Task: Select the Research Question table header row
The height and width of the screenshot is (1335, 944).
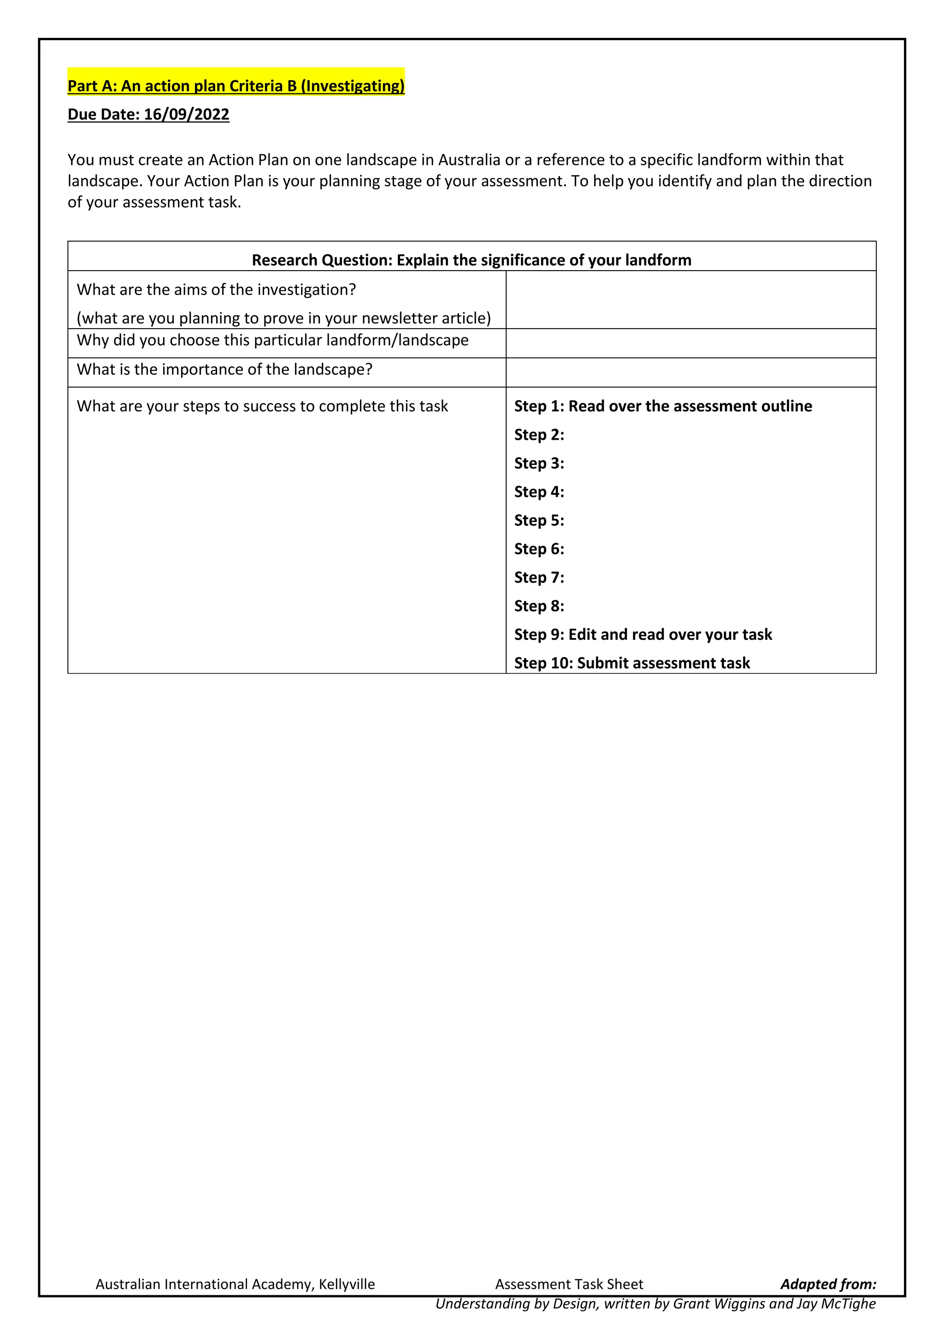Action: point(472,260)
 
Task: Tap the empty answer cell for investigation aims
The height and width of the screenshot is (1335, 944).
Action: point(690,300)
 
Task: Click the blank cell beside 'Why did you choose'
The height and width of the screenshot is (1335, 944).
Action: point(690,343)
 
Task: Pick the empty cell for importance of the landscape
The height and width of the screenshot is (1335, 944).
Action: point(690,372)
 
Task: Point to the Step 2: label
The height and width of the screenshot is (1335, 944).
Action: point(539,435)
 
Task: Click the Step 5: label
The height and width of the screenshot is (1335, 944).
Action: point(539,520)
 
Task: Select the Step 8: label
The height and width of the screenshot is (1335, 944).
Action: point(539,606)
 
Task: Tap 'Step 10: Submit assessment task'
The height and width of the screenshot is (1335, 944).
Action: point(632,663)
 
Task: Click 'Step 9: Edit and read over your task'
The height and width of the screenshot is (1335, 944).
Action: point(643,634)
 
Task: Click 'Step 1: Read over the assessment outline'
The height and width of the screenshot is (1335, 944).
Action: point(663,406)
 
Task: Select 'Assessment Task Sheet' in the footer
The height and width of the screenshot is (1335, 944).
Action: point(569,1284)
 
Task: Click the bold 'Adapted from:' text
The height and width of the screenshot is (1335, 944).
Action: point(828,1284)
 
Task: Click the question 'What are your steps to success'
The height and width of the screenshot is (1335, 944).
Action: point(262,406)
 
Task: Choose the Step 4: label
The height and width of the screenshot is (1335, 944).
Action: point(539,492)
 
